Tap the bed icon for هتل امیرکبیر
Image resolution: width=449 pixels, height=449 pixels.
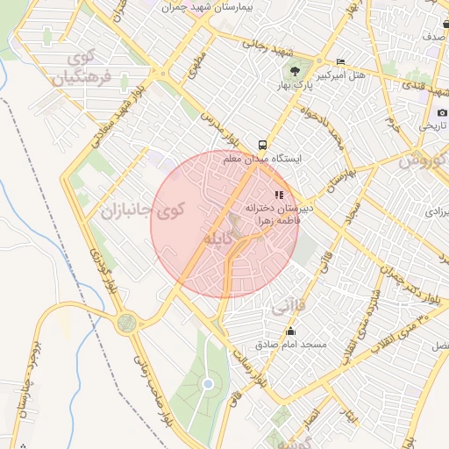click(340, 62)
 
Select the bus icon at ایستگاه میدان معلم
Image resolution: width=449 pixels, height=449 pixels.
click(262, 145)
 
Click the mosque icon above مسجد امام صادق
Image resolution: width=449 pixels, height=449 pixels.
click(291, 331)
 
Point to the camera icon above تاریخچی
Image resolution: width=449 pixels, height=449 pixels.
click(442, 112)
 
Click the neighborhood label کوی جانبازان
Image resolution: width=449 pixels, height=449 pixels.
click(144, 210)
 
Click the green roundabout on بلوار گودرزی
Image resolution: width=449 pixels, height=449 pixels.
click(127, 323)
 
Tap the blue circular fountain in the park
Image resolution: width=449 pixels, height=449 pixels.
click(208, 384)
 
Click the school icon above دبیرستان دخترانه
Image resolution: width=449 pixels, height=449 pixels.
click(279, 195)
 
